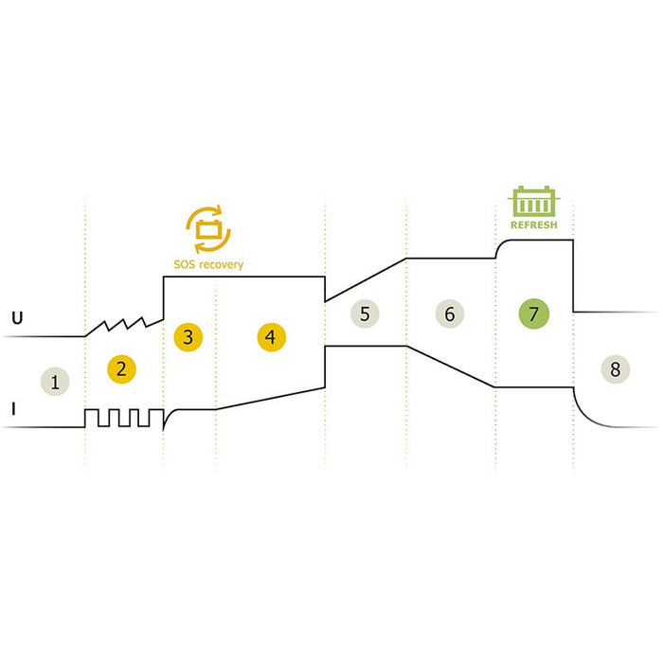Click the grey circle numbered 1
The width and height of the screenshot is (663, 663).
55,382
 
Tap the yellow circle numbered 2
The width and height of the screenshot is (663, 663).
121,369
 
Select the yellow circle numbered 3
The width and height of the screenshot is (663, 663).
188,337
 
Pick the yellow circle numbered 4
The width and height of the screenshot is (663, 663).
272,337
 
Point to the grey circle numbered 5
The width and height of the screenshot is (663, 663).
365,314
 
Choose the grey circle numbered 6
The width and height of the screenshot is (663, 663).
450,314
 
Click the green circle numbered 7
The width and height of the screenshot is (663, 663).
534,314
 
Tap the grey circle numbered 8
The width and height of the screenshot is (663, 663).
616,369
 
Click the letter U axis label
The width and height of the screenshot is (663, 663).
17,318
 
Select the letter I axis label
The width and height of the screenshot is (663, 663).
14,409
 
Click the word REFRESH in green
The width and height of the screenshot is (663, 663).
533,225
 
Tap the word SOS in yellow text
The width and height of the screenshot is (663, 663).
185,264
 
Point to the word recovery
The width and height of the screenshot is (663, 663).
221,265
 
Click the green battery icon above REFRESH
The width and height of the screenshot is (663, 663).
533,201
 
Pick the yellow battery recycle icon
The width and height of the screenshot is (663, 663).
208,229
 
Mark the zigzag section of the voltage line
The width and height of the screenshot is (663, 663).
124,327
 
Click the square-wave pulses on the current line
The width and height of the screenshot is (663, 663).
124,418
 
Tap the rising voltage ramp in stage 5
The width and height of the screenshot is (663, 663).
366,280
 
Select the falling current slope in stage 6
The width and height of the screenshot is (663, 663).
451,367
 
